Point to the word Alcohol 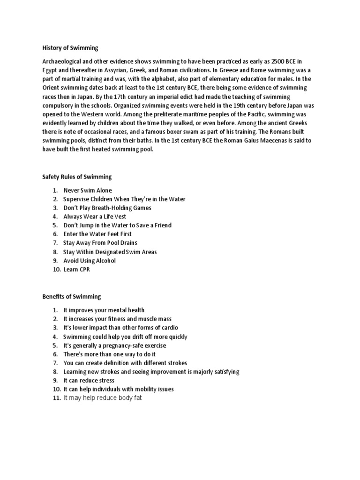tap(105, 260)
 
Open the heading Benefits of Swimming tap(72, 297)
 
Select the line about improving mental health tap(104, 310)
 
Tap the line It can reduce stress tap(89, 380)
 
